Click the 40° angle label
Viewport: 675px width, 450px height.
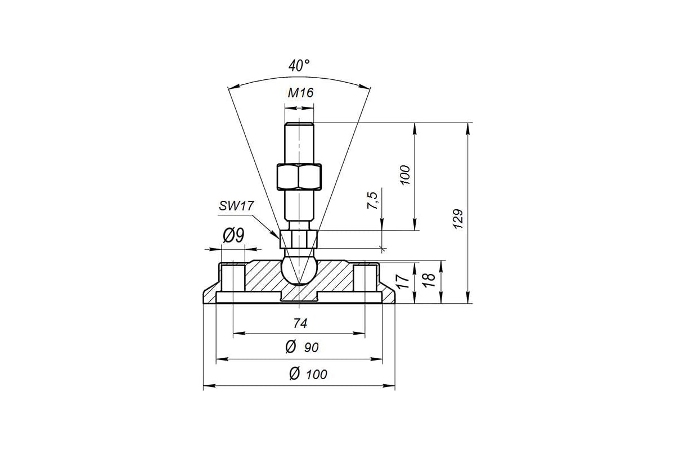[x=299, y=65]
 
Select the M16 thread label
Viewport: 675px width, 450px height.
[x=300, y=93]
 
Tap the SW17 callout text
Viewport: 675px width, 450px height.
[x=236, y=206]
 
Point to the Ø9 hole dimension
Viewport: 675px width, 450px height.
[x=233, y=235]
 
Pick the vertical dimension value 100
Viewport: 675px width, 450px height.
[x=406, y=175]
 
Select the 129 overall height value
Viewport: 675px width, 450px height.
[x=458, y=219]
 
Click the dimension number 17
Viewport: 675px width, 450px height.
[x=403, y=281]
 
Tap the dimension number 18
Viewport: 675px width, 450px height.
[x=429, y=280]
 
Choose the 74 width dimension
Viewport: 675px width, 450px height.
[x=300, y=323]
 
